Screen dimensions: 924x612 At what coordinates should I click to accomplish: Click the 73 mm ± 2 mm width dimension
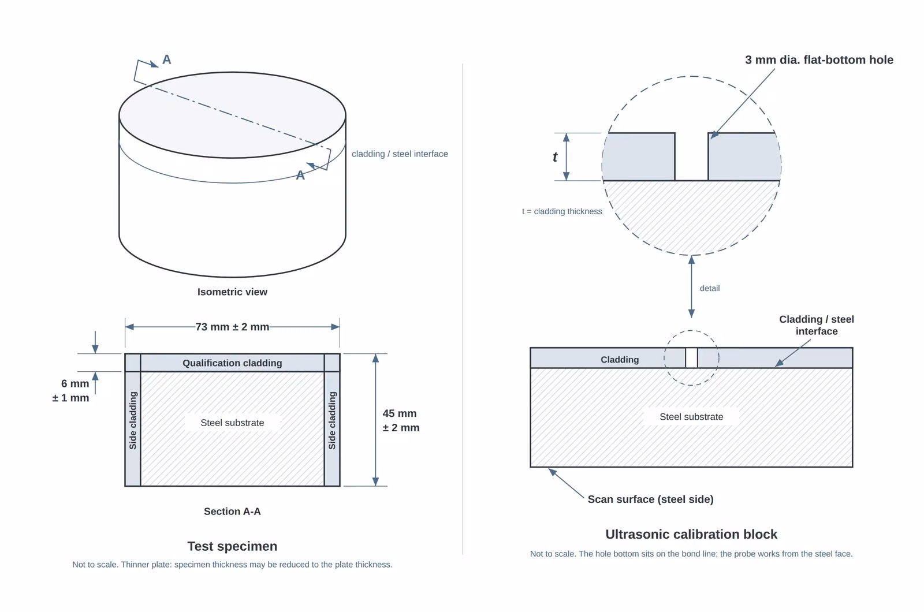pyautogui.click(x=232, y=327)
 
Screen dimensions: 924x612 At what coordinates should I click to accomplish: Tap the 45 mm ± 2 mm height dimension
pyautogui.click(x=401, y=420)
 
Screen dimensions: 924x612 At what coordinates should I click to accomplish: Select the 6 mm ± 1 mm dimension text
pyautogui.click(x=71, y=390)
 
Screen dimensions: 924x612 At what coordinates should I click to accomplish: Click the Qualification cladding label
pyautogui.click(x=232, y=363)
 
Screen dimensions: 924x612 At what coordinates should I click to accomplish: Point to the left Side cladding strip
pyautogui.click(x=133, y=420)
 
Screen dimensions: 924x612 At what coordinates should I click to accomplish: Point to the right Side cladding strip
pyautogui.click(x=332, y=420)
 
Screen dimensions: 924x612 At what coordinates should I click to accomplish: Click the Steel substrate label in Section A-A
pyautogui.click(x=232, y=423)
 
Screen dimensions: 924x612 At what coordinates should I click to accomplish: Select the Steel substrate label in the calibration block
pyautogui.click(x=691, y=416)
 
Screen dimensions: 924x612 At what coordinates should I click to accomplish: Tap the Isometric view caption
pyautogui.click(x=232, y=292)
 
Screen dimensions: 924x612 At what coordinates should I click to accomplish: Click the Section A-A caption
pyautogui.click(x=232, y=512)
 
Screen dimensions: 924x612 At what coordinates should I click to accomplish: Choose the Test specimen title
pyautogui.click(x=232, y=546)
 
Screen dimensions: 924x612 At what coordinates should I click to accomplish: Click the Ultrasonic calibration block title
pyautogui.click(x=691, y=534)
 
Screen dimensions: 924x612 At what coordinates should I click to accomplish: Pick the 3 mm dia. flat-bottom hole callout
pyautogui.click(x=819, y=60)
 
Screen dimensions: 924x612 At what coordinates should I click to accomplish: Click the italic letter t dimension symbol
pyautogui.click(x=555, y=156)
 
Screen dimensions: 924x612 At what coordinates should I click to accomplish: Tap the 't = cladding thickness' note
pyautogui.click(x=562, y=211)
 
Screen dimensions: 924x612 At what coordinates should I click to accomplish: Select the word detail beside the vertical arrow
pyautogui.click(x=710, y=288)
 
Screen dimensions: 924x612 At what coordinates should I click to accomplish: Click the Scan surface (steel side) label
pyautogui.click(x=650, y=499)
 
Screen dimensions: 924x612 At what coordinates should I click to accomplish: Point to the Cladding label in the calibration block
pyautogui.click(x=620, y=360)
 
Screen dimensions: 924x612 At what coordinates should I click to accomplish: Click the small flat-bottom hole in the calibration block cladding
pyautogui.click(x=691, y=357)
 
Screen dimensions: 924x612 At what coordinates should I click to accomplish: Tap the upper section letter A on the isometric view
pyautogui.click(x=167, y=59)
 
